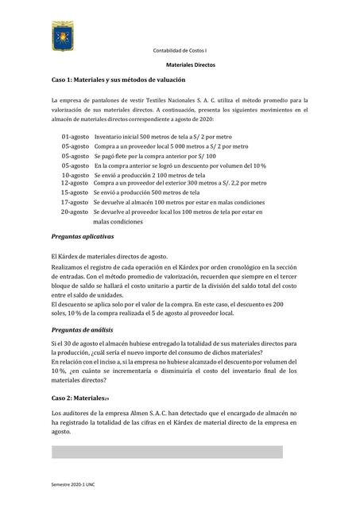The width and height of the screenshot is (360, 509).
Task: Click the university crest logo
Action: click(x=64, y=37)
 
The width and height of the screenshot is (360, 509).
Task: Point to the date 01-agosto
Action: click(x=75, y=137)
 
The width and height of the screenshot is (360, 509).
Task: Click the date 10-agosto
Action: click(x=75, y=174)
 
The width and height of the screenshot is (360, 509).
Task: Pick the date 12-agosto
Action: click(x=75, y=183)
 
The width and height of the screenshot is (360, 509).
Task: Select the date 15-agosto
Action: click(x=75, y=192)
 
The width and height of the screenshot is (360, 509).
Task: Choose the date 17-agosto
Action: click(x=75, y=202)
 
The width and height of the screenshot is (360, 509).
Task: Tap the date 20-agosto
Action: click(x=75, y=212)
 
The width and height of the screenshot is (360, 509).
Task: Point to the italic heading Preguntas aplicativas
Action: click(x=82, y=237)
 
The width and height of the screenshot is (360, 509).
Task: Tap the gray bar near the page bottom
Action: click(x=167, y=452)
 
